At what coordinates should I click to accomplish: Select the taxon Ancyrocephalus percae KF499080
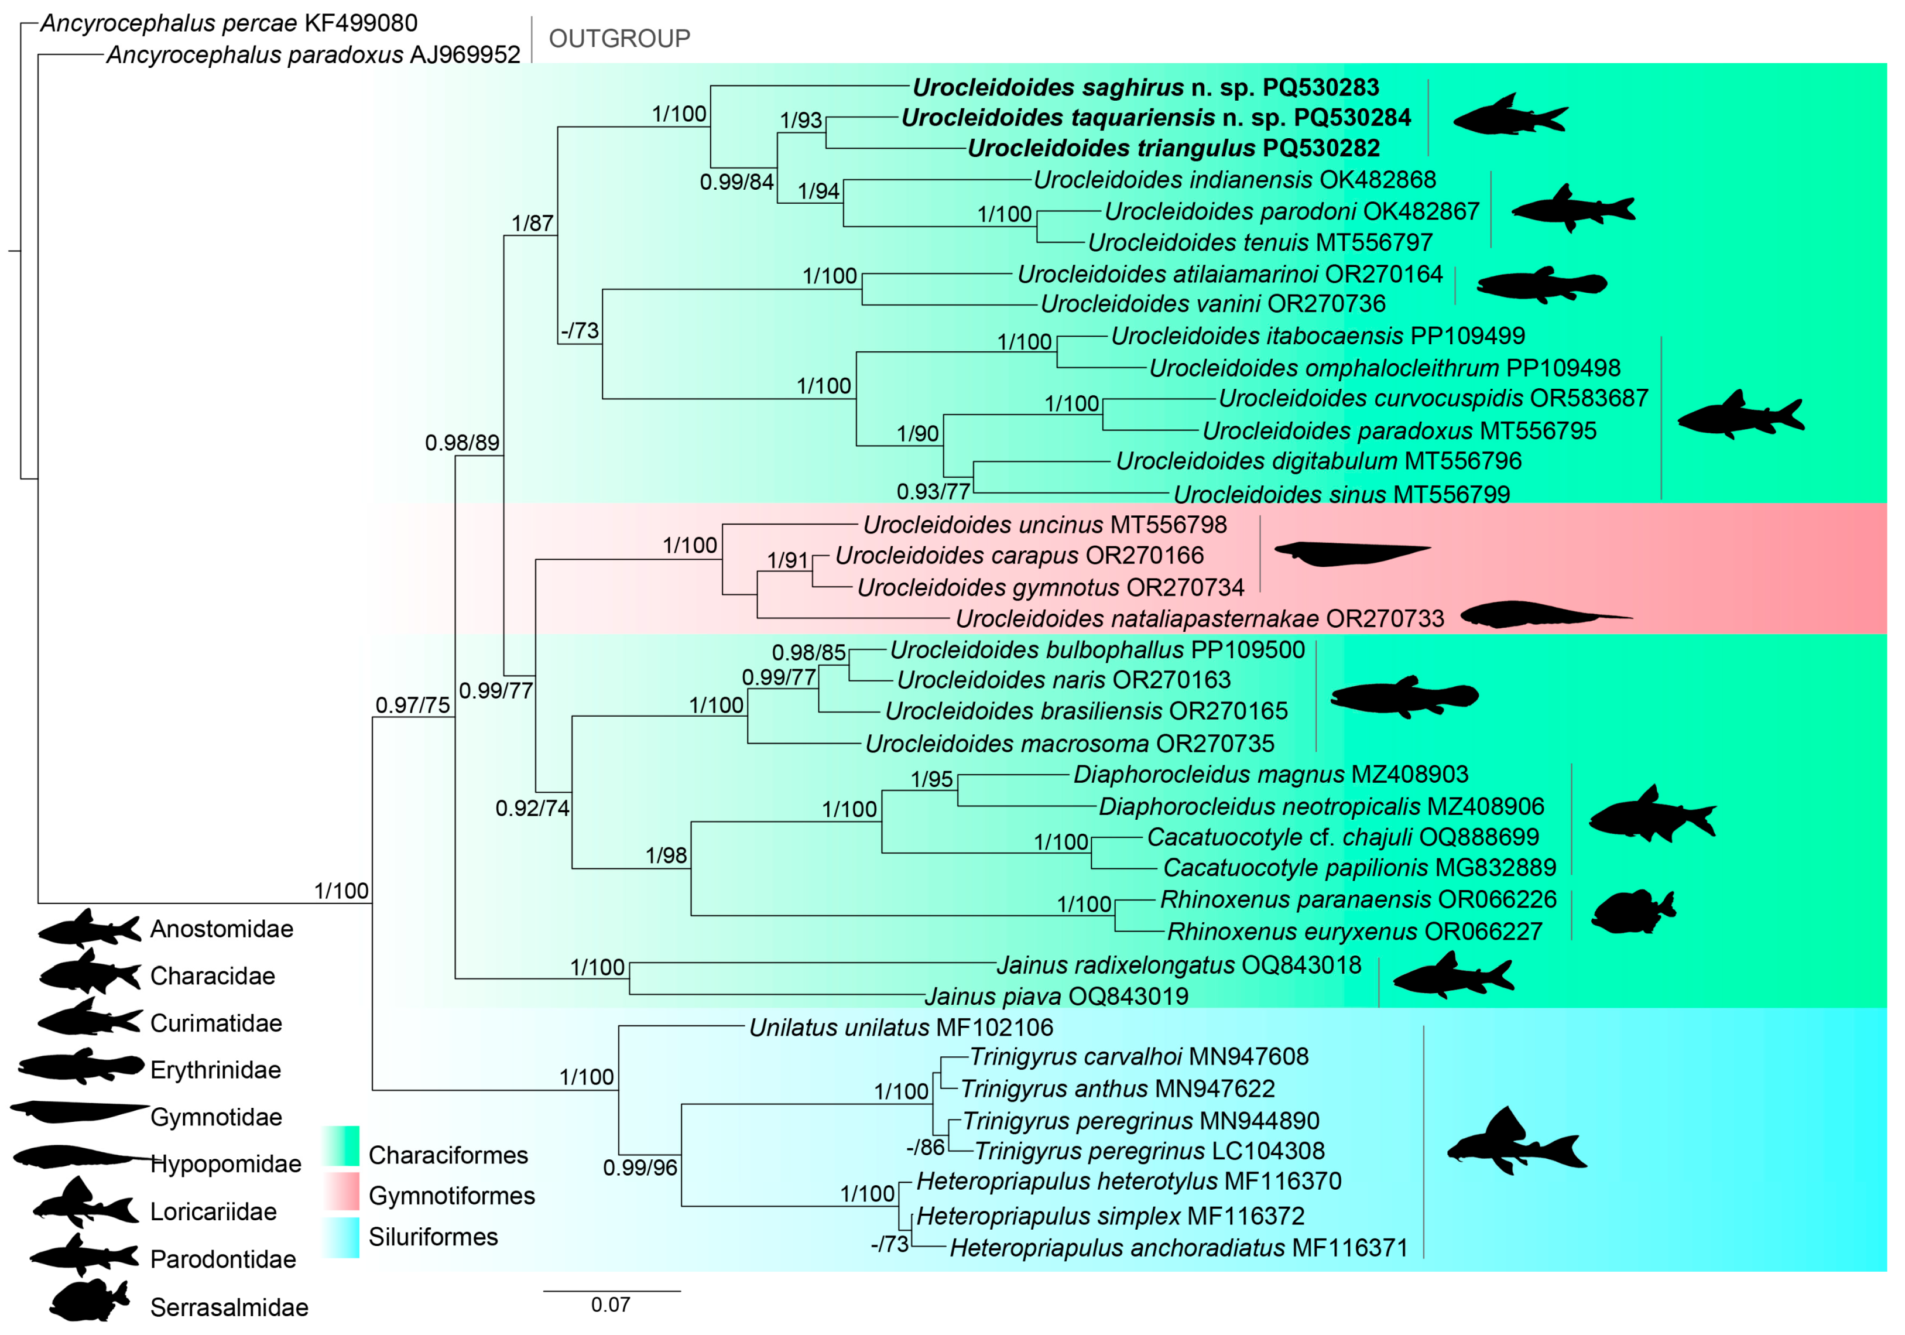pos(228,23)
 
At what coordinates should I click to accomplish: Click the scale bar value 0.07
pos(610,1305)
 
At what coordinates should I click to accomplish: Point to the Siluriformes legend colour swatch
pos(341,1237)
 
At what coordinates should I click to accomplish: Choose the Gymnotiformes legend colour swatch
pos(341,1192)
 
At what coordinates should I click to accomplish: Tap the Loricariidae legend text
pos(213,1212)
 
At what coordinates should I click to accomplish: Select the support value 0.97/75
pos(412,705)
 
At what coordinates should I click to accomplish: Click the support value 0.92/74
pos(532,808)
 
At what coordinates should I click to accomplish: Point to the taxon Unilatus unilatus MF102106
pos(900,1028)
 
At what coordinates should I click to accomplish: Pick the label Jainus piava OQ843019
pos(1056,997)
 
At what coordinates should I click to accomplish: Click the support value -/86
pos(925,1148)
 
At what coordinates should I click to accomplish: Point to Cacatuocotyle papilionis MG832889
pos(1359,868)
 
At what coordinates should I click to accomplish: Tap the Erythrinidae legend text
pos(215,1070)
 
